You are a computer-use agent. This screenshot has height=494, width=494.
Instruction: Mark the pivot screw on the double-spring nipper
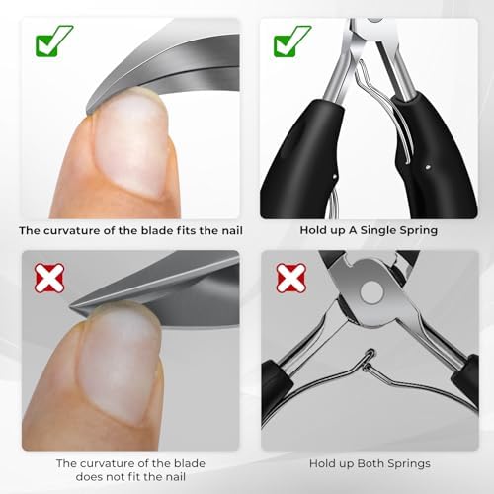tap(372, 293)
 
